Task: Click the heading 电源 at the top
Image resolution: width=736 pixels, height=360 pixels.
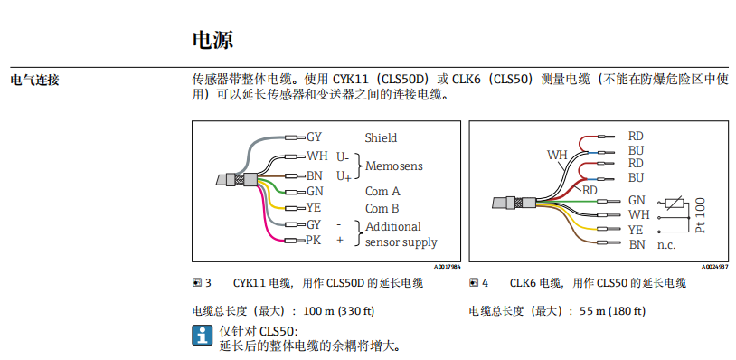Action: click(x=213, y=40)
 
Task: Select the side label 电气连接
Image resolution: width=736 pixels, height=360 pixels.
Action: click(x=34, y=80)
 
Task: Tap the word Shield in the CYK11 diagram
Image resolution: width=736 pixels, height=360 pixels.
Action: click(x=381, y=137)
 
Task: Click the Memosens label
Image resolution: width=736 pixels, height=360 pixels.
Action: click(x=394, y=166)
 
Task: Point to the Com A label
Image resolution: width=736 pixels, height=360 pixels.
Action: click(x=382, y=191)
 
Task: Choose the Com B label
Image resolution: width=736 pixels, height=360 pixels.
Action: click(x=382, y=208)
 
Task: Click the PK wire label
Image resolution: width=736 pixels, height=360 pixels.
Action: click(x=314, y=241)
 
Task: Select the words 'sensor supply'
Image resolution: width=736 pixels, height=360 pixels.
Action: click(x=401, y=242)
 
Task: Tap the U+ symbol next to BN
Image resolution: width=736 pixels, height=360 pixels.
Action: click(x=344, y=175)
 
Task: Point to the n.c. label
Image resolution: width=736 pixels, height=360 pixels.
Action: click(x=666, y=245)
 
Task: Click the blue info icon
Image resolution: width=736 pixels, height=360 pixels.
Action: click(x=202, y=336)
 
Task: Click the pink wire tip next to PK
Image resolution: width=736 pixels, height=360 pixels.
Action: click(x=294, y=241)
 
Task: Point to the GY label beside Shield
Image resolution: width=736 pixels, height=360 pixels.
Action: click(x=314, y=137)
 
